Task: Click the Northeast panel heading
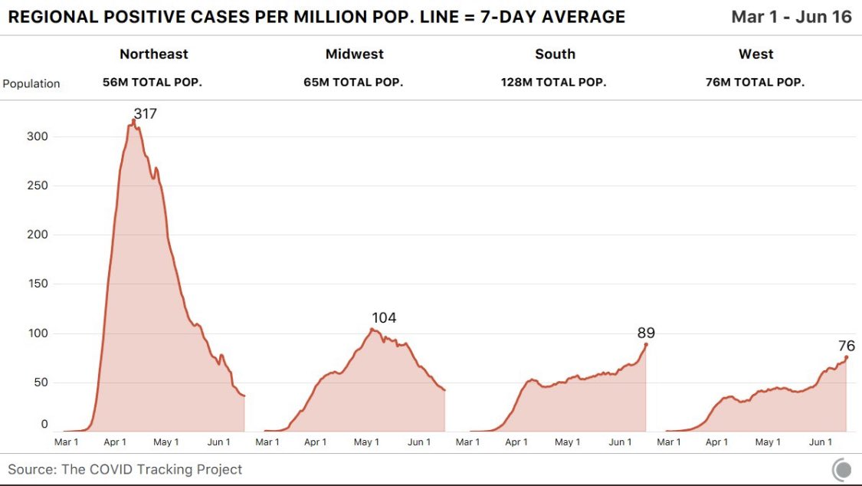pos(153,54)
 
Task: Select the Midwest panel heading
pos(354,54)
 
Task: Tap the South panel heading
pos(555,54)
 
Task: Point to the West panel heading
pos(755,54)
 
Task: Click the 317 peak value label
pos(145,114)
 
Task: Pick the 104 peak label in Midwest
pos(384,318)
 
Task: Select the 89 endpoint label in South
pos(646,333)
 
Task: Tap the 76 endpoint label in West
pos(846,346)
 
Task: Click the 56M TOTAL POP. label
pos(152,83)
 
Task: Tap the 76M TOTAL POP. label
pos(755,83)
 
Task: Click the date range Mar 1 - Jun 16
pos(791,17)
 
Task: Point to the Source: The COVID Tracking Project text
pos(125,469)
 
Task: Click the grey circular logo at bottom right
pos(841,469)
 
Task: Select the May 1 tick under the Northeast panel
pos(166,442)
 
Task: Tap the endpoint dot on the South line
pos(646,345)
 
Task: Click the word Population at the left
pos(31,84)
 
